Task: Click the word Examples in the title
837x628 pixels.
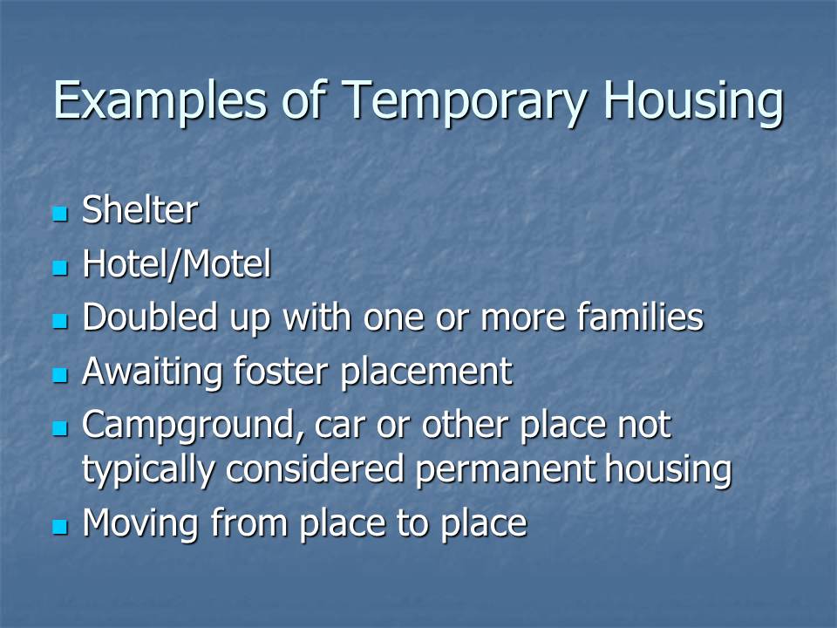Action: point(160,100)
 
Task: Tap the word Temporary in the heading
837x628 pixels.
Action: point(464,101)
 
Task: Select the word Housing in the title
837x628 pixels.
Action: point(693,101)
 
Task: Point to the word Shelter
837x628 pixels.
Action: point(139,209)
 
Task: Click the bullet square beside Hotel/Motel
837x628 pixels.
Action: point(60,267)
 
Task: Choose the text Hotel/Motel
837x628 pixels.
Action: point(177,263)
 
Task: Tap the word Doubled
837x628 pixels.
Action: point(150,317)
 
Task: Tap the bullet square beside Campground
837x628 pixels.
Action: point(60,427)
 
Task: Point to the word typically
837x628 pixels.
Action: point(148,470)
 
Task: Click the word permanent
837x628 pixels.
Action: point(504,470)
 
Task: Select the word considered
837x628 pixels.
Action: point(315,469)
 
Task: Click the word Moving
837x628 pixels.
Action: point(140,523)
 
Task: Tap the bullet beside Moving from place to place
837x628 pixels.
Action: point(60,527)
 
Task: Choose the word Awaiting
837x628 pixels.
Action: point(152,372)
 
